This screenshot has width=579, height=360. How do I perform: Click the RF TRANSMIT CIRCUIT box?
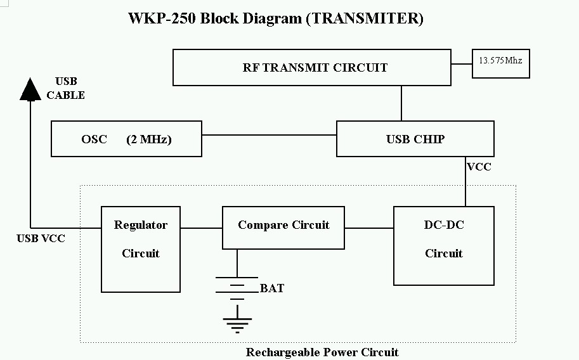pos(312,68)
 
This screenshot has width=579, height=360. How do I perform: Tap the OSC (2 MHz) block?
pos(126,139)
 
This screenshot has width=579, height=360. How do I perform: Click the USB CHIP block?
pos(415,139)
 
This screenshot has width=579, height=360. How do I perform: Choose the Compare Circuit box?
pos(283,227)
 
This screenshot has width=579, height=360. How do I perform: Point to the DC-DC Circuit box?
pos(443,245)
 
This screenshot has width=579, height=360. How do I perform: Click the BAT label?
pos(272,288)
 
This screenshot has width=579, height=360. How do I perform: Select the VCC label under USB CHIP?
pos(479,167)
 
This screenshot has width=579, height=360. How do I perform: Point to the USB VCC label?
pos(41,239)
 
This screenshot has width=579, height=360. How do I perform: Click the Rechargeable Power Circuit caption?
pos(322,352)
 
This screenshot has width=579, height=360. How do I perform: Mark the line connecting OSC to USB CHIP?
pos(269,135)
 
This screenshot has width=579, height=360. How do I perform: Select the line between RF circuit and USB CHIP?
pos(401,103)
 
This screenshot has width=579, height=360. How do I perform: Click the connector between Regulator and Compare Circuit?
pos(201,228)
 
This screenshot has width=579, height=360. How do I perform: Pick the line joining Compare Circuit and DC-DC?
pos(369,228)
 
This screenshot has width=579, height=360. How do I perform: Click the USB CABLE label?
pos(65,89)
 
